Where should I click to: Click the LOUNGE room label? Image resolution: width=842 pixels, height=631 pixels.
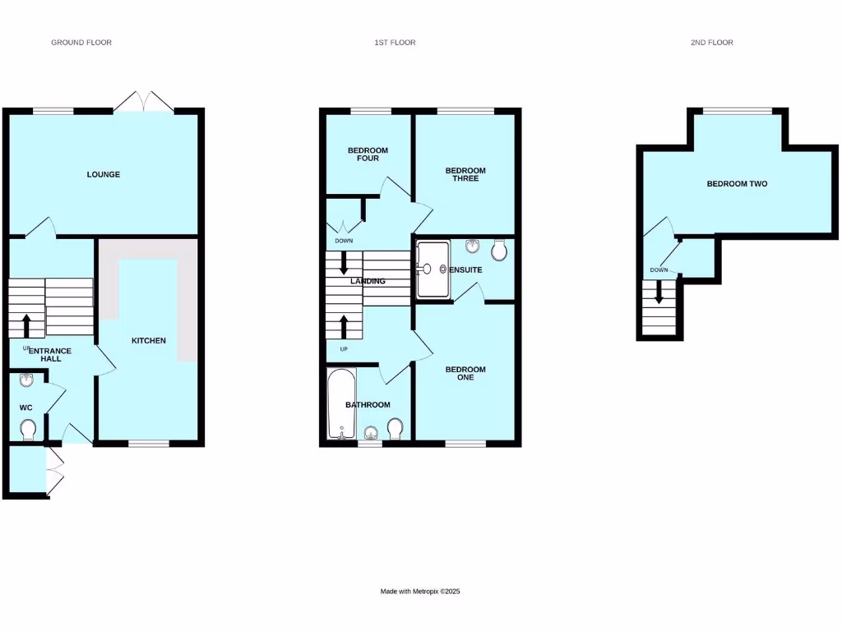pos(104,174)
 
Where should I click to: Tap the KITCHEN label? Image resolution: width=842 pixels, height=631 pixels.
pos(149,340)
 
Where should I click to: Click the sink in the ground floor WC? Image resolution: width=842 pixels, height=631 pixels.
pos(26,380)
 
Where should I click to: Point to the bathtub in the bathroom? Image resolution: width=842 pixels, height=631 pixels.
pos(340,404)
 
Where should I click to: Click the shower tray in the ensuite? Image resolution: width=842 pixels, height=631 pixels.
pos(433,268)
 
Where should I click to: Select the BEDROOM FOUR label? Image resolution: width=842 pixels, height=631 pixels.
pos(368,154)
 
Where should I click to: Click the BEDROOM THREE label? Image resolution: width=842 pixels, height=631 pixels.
pos(465,175)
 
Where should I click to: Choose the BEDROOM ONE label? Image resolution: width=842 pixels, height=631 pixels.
pos(465,374)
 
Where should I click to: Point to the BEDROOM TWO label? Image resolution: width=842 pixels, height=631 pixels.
pos(737,184)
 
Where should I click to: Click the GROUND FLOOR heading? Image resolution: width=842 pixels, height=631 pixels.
pos(81,43)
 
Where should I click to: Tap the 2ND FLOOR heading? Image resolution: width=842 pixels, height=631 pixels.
pos(711,43)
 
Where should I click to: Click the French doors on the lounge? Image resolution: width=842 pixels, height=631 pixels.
pos(144,103)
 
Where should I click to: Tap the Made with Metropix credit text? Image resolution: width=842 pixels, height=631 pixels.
pos(426,592)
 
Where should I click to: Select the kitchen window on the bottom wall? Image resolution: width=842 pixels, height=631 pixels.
pos(149,444)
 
